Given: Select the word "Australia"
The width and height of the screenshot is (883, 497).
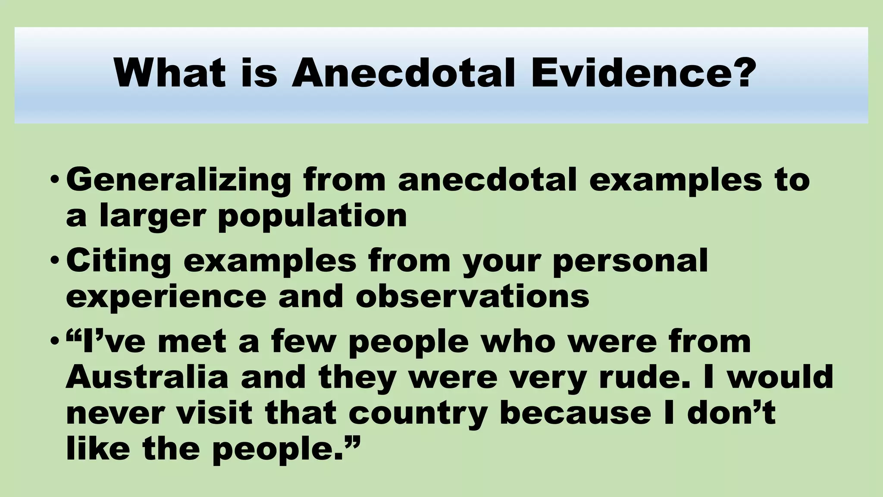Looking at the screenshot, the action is point(147,377).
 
